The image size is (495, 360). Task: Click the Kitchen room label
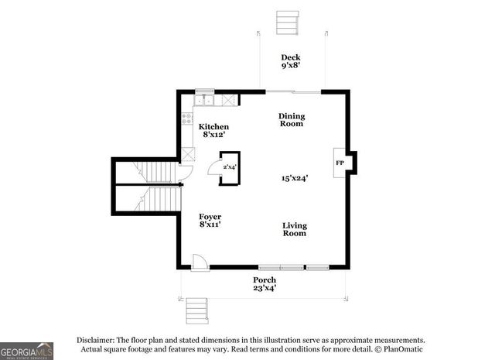tap(213, 126)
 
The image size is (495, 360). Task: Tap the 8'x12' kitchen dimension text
tap(213, 135)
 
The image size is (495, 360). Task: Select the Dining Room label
tap(292, 119)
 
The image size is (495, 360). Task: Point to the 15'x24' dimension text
tap(294, 178)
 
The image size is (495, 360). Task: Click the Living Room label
tap(294, 229)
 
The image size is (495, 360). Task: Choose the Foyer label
tap(210, 216)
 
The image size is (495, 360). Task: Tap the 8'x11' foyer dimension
tap(210, 225)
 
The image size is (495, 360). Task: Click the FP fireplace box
tap(340, 163)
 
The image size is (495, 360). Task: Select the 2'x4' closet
tap(230, 167)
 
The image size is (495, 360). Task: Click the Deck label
tap(291, 57)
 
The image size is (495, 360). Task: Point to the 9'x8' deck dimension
tap(291, 66)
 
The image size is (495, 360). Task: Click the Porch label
tap(265, 279)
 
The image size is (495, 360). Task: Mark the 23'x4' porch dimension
tap(265, 288)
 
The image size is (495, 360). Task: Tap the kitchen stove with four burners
tap(187, 118)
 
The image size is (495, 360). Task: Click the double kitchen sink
tap(204, 100)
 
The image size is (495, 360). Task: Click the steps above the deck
tap(288, 22)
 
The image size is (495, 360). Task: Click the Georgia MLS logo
tap(26, 351)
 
